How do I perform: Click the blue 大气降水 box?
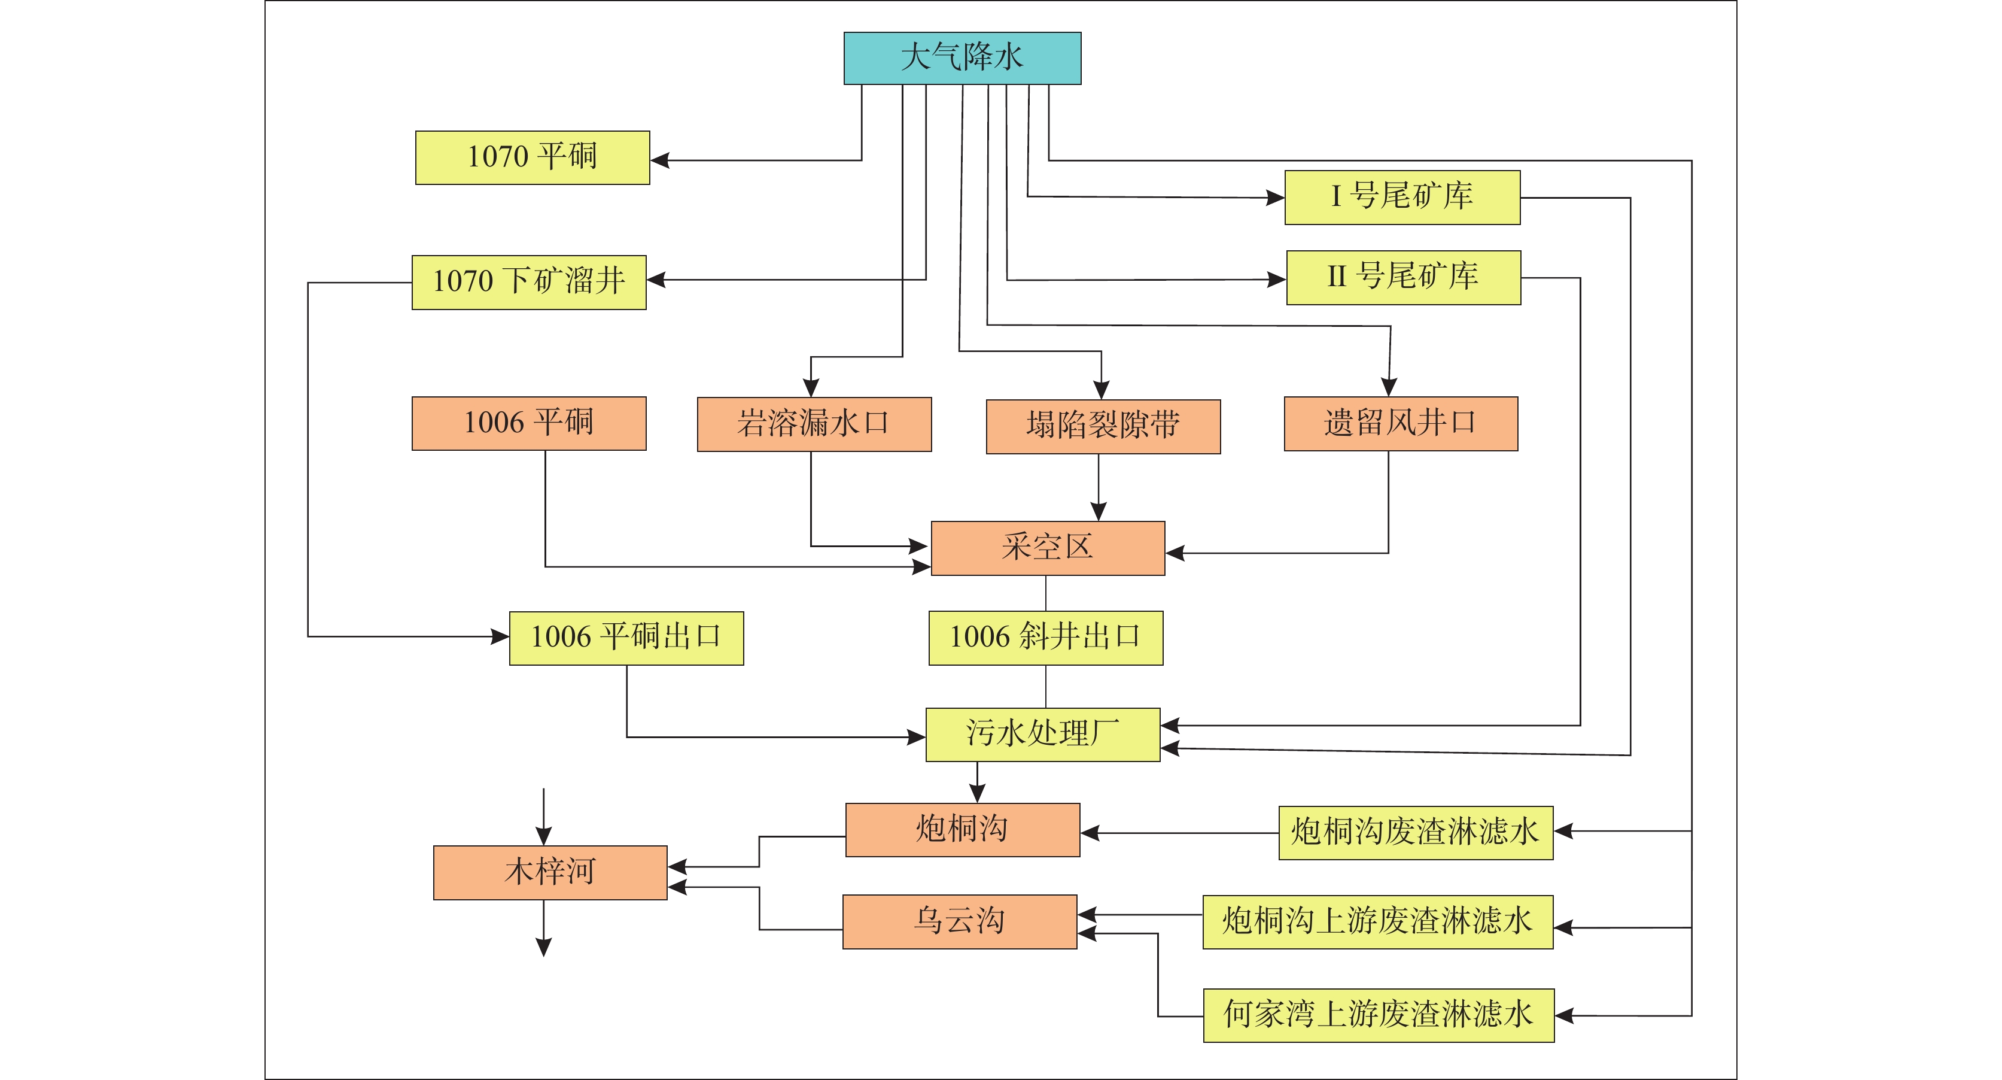tap(962, 58)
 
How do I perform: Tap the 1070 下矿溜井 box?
tap(528, 282)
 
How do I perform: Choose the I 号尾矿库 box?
tap(1402, 198)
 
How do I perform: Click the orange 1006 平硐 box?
tap(528, 424)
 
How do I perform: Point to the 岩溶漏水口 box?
tap(814, 424)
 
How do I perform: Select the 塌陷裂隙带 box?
tap(1103, 427)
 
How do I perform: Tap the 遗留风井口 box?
tap(1401, 424)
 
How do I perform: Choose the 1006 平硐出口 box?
tap(626, 638)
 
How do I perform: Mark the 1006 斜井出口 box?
tap(1045, 638)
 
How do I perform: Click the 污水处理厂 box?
tap(1042, 735)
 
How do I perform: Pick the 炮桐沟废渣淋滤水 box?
tap(1415, 833)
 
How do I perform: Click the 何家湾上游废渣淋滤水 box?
tap(1378, 1015)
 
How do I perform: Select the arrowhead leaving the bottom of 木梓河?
tap(544, 946)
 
